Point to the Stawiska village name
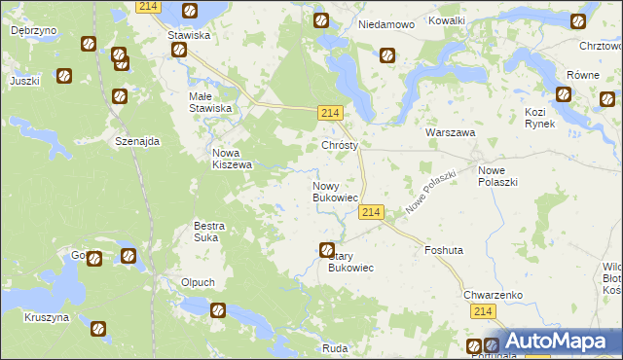point(189,35)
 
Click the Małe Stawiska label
point(210,102)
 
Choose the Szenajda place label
point(136,140)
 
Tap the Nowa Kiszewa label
point(233,159)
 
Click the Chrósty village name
point(341,145)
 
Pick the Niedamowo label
point(386,23)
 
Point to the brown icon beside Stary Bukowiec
point(328,250)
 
